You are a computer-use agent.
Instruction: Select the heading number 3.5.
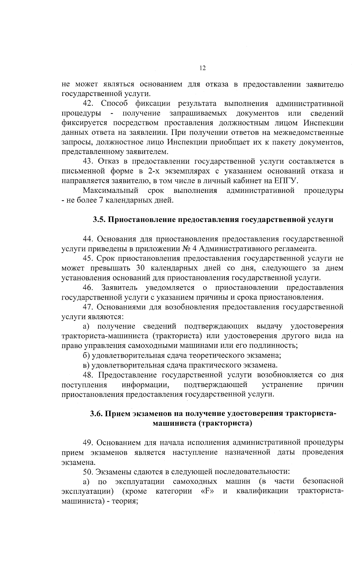(x=98, y=220)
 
